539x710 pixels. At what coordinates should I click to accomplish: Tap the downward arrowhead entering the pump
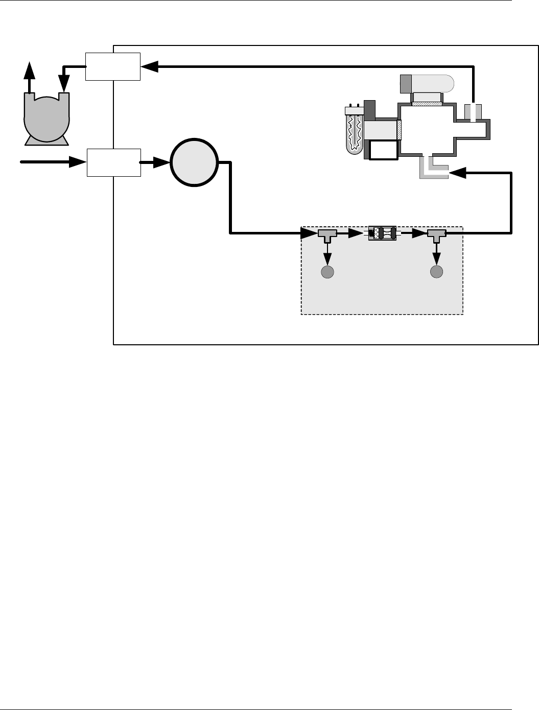[x=64, y=82]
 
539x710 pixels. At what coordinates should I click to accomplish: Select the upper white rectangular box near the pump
[x=112, y=66]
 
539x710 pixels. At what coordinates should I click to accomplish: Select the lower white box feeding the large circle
[x=113, y=162]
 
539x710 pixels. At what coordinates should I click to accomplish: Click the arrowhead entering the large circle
[x=162, y=162]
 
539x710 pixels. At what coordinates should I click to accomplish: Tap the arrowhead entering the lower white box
[x=77, y=162]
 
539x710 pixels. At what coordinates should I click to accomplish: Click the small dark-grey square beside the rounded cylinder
[x=406, y=83]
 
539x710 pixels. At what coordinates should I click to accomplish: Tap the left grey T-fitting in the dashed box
[x=327, y=235]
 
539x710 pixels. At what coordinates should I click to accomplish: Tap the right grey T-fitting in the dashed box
[x=436, y=235]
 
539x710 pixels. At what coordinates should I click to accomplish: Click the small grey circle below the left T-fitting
[x=327, y=272]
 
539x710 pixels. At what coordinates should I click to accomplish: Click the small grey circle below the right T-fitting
[x=436, y=272]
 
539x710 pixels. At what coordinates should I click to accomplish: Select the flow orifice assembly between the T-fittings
[x=382, y=233]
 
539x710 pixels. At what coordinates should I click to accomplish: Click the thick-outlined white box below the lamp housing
[x=383, y=150]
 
